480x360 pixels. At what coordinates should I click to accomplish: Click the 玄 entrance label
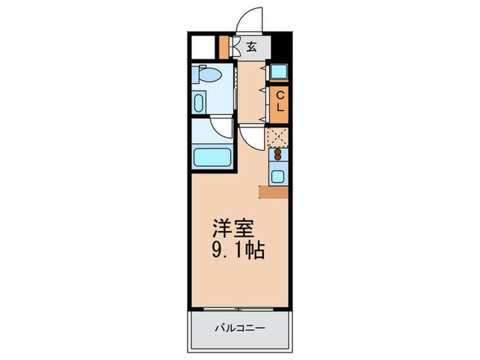tap(252, 47)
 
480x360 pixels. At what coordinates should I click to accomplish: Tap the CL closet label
tap(280, 102)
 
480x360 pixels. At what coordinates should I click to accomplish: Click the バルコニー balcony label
tap(238, 328)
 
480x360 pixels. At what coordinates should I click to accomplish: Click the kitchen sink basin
tap(278, 176)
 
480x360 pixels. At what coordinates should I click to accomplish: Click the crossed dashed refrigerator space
tap(278, 136)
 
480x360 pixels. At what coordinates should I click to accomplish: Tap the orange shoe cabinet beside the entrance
tap(223, 47)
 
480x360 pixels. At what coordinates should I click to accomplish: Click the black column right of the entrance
tap(283, 47)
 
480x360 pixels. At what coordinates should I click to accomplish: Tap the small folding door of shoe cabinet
tap(234, 47)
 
